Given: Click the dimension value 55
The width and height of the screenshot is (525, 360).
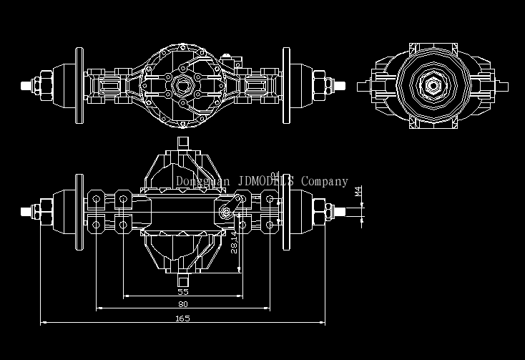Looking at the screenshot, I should pos(182,292).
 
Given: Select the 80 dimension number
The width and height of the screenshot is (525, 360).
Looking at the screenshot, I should pos(183,304).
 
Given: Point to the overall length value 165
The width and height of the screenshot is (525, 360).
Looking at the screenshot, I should pos(182,318).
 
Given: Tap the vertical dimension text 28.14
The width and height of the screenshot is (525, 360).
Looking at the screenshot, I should pos(234,241).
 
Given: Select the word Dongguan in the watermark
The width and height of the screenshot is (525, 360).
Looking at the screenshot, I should pos(202,182).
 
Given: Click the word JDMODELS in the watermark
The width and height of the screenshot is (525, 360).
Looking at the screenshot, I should pos(265,182).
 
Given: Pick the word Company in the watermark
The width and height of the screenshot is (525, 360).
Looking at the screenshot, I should pos(325,182).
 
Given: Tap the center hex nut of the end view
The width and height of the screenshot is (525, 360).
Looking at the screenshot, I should pos(432,86).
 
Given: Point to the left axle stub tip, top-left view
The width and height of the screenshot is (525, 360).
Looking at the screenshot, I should pos(26,85).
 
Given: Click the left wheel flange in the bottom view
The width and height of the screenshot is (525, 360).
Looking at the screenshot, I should pos(79,211).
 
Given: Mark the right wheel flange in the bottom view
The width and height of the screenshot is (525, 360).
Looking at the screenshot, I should pos(286,211).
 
